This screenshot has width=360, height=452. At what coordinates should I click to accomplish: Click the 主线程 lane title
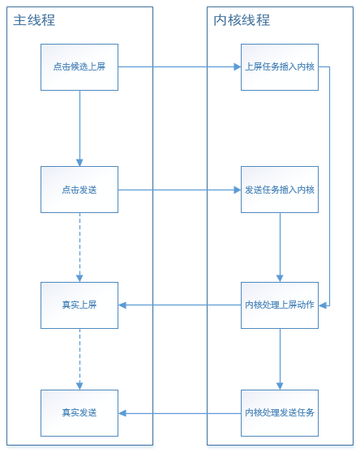point(34,20)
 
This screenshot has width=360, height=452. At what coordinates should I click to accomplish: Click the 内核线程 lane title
point(242,20)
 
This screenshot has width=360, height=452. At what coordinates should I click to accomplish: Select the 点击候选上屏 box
point(79,67)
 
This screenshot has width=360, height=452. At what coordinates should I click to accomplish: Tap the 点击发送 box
point(79,190)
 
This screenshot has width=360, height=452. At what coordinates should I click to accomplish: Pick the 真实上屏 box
point(79,305)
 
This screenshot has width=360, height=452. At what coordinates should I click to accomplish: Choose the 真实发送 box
point(79,413)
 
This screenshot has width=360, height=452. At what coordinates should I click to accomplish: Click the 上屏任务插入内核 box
point(280,67)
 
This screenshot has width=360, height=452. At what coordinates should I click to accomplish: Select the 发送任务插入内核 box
point(280,190)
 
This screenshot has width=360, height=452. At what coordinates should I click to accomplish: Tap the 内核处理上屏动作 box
point(280,305)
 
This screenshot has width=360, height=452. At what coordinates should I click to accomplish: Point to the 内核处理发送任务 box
point(280,413)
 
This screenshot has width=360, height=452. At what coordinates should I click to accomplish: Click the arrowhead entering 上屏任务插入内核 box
point(238,67)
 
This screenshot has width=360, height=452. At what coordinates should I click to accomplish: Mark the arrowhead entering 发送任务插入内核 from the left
point(238,190)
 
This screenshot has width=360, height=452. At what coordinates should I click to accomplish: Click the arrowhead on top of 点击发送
point(79,163)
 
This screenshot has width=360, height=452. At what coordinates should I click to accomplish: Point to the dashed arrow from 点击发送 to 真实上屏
point(79,247)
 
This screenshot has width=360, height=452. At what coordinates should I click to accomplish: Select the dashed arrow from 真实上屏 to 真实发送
point(79,359)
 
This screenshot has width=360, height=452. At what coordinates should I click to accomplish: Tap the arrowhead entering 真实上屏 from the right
point(122,305)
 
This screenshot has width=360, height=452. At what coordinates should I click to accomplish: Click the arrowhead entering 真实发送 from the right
point(122,413)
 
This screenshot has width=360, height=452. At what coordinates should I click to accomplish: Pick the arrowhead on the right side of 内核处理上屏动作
point(322,305)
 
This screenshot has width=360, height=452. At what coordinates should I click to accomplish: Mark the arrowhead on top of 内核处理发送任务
point(280,386)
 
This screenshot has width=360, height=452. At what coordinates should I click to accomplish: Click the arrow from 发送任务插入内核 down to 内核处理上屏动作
point(280,247)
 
